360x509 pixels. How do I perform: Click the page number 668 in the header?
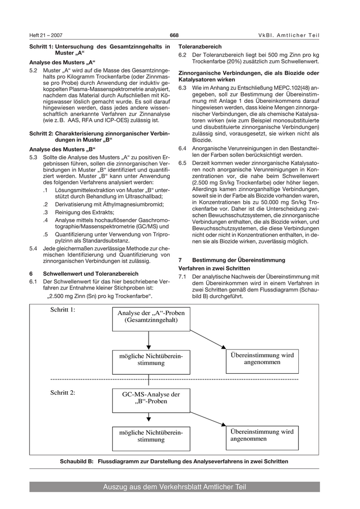174,35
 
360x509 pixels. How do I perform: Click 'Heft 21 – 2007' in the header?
46,35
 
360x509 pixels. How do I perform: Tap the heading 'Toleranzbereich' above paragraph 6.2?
200,46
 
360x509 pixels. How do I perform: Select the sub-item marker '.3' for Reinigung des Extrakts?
46,212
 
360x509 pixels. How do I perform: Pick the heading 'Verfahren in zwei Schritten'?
214,268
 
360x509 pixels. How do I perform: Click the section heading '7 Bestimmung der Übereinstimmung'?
231,260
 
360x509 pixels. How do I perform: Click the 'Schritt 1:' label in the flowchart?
63,310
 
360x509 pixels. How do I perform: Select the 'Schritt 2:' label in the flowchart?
63,392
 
